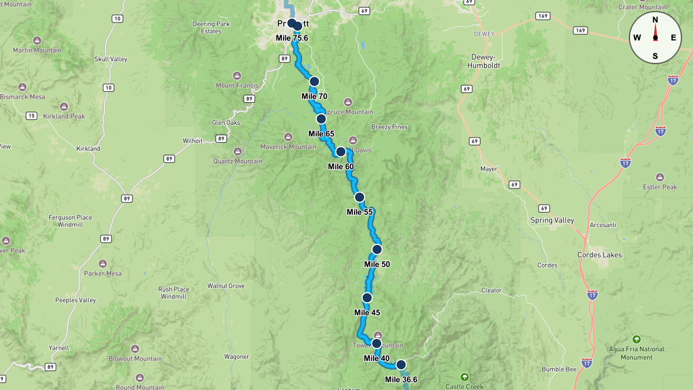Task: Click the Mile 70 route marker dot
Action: [314, 81]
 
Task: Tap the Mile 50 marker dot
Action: [377, 250]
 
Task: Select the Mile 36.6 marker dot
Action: [401, 365]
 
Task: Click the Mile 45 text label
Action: [367, 313]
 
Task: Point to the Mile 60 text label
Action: [341, 166]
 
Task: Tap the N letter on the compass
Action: [655, 20]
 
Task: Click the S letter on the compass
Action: [655, 56]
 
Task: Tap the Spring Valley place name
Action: [552, 220]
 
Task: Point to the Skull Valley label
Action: [111, 59]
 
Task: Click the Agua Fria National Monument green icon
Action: [636, 339]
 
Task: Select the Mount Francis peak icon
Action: [237, 76]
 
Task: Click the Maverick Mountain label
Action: [288, 147]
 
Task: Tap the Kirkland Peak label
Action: [64, 116]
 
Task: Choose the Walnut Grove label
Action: [226, 286]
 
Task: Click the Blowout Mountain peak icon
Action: [135, 349]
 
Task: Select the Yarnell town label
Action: [59, 348]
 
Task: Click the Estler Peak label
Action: [660, 187]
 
